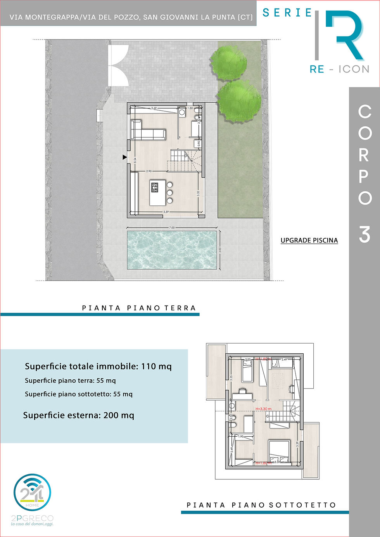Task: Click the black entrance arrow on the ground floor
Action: (124, 157)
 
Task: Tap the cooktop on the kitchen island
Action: (154, 188)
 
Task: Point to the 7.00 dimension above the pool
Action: (172, 228)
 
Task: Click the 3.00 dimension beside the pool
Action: (220, 250)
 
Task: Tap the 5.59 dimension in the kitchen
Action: (166, 212)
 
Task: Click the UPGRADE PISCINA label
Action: (309, 240)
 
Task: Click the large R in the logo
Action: (344, 37)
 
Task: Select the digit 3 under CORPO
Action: (364, 234)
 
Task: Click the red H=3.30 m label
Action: (263, 409)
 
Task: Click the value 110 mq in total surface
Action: (156, 366)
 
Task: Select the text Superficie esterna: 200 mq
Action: (79, 415)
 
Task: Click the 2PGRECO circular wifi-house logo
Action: (33, 492)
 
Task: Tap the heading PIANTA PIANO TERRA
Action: (139, 308)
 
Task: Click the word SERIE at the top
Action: (287, 13)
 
